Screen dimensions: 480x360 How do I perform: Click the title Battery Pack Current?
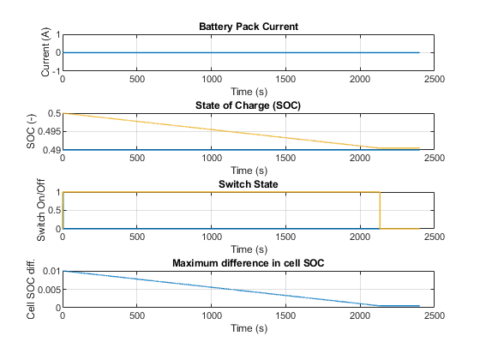(249, 27)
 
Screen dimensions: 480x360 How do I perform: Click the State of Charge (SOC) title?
(248, 105)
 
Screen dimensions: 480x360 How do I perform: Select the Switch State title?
(249, 184)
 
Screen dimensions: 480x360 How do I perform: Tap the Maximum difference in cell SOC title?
(249, 263)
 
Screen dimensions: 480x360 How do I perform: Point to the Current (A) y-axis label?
(45, 52)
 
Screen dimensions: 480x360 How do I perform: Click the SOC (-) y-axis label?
(31, 131)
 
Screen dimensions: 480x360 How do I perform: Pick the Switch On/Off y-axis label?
(41, 210)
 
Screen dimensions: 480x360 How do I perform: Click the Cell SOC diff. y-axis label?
(31, 289)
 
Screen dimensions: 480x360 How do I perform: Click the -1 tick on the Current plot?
(56, 71)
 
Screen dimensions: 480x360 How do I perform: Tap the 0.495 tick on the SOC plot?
(49, 132)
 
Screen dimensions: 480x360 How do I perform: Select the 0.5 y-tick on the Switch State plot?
(53, 211)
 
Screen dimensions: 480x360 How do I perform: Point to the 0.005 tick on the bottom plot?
(49, 290)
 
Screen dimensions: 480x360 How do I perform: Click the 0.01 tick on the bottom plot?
(51, 271)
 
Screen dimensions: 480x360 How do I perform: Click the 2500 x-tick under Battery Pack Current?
(434, 79)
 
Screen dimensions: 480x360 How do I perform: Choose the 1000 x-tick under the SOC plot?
(212, 159)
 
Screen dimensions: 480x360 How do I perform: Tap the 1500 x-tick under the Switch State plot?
(285, 237)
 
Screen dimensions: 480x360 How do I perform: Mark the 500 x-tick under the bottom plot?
(137, 316)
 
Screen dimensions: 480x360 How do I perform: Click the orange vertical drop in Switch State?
(380, 210)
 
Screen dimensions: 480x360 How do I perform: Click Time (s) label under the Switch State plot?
(249, 249)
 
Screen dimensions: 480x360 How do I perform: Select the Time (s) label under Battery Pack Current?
(249, 92)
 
